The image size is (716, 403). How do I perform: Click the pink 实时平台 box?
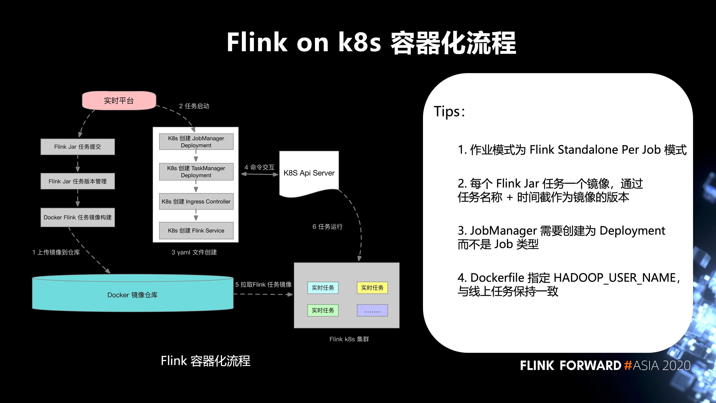pos(119,100)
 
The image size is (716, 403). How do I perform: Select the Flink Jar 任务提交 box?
pos(78,147)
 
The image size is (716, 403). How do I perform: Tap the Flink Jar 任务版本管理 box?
pos(78,181)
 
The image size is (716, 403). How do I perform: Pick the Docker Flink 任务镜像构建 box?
pos(78,217)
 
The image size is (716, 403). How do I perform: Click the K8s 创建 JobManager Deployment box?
pos(196,141)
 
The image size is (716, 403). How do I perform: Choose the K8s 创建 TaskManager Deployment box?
pos(196,172)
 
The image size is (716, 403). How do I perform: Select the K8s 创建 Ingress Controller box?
pos(196,201)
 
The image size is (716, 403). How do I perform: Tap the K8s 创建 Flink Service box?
pos(196,230)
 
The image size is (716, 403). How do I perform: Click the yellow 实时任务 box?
pos(372,288)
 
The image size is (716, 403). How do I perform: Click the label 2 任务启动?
pos(194,106)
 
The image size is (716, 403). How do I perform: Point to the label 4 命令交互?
pos(259,167)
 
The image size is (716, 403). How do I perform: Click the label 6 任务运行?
pos(327,227)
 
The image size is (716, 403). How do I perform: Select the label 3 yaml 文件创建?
pos(194,252)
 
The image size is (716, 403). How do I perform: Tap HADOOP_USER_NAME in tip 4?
pos(615,278)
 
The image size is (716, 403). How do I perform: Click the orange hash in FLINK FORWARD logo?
pos(628,365)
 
